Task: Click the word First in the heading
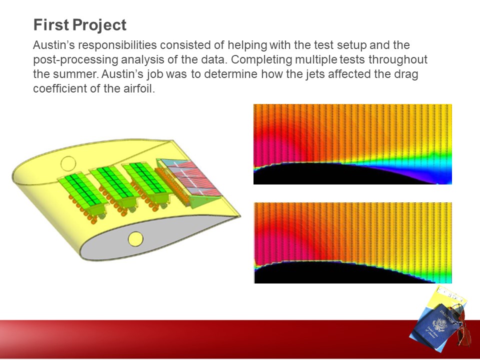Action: coord(51,25)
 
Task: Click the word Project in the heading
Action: coord(99,25)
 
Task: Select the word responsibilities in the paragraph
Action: coord(117,45)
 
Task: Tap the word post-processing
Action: coord(75,59)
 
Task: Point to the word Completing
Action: coord(261,59)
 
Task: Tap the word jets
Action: coord(315,74)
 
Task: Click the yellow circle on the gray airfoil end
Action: coord(135,239)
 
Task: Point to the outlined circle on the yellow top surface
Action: coord(68,164)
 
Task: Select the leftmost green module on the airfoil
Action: coord(82,191)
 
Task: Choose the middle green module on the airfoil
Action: coord(115,185)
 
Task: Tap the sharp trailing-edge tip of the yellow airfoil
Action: coord(240,216)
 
